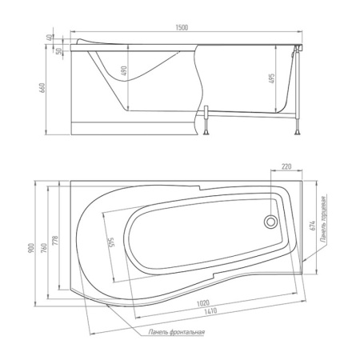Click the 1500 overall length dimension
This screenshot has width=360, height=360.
pyautogui.click(x=182, y=27)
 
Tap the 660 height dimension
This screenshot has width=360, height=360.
pyautogui.click(x=42, y=88)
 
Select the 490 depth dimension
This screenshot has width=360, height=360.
pyautogui.click(x=124, y=71)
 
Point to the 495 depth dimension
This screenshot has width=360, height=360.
pyautogui.click(x=271, y=78)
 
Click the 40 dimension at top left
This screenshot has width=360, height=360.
pyautogui.click(x=49, y=38)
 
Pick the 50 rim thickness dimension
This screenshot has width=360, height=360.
pyautogui.click(x=59, y=50)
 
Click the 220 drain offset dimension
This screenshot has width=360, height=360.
pyautogui.click(x=286, y=166)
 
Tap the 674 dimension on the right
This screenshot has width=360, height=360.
pyautogui.click(x=313, y=226)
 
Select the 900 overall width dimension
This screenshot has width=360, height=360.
pyautogui.click(x=31, y=248)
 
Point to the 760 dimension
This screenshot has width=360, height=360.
pyautogui.click(x=44, y=248)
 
